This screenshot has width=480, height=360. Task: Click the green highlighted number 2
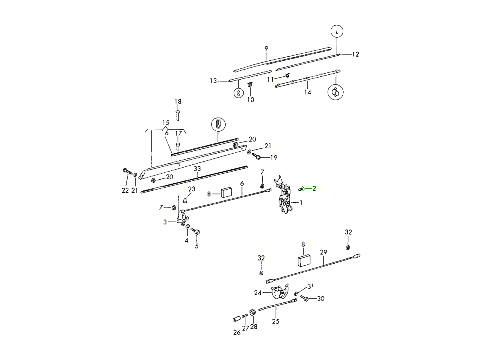pyautogui.click(x=314, y=188)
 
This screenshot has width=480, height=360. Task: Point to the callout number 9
pyautogui.click(x=266, y=49)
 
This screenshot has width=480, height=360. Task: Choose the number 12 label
pyautogui.click(x=355, y=54)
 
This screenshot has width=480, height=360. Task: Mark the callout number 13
pyautogui.click(x=213, y=81)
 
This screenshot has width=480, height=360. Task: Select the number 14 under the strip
pyautogui.click(x=307, y=92)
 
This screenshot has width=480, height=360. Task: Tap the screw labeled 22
pyautogui.click(x=127, y=172)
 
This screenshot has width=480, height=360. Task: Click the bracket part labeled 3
pyautogui.click(x=183, y=219)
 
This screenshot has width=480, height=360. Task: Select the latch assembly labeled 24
pyautogui.click(x=280, y=292)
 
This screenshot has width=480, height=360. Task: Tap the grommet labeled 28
pyautogui.click(x=253, y=312)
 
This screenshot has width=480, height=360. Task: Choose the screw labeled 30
pyautogui.click(x=305, y=298)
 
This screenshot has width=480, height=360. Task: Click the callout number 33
pyautogui.click(x=197, y=169)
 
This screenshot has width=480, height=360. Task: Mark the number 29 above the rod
pyautogui.click(x=324, y=252)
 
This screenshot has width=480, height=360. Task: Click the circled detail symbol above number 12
pyautogui.click(x=337, y=31)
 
